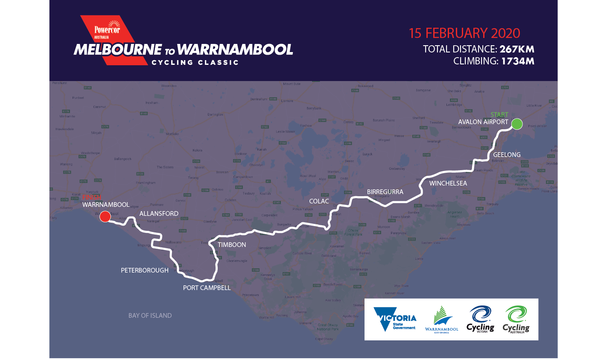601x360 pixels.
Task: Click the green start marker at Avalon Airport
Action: coord(517,124)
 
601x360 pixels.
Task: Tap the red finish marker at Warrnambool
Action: coord(105,217)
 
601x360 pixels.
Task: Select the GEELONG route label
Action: coord(507,155)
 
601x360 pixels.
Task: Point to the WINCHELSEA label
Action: coord(448,183)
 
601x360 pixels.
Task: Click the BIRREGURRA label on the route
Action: coord(385,192)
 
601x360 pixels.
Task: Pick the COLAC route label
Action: coord(319,201)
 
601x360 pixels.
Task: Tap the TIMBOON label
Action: coord(232,245)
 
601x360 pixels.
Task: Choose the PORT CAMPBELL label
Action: coord(207,288)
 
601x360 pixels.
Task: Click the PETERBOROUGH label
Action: coord(145,270)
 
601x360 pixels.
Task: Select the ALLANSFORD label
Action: coord(159,214)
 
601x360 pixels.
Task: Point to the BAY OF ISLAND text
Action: coord(150,316)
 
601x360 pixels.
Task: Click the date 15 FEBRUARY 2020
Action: coord(464,33)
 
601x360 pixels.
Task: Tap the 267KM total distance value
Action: coord(517,49)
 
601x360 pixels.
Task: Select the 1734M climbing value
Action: coord(517,61)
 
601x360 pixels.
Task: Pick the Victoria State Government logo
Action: coord(395,319)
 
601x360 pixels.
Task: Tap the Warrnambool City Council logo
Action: coord(442,319)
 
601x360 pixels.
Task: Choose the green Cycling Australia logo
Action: coord(516,319)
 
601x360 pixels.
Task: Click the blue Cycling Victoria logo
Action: coord(480,319)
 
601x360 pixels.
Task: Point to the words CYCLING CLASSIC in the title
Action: coord(195,63)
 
